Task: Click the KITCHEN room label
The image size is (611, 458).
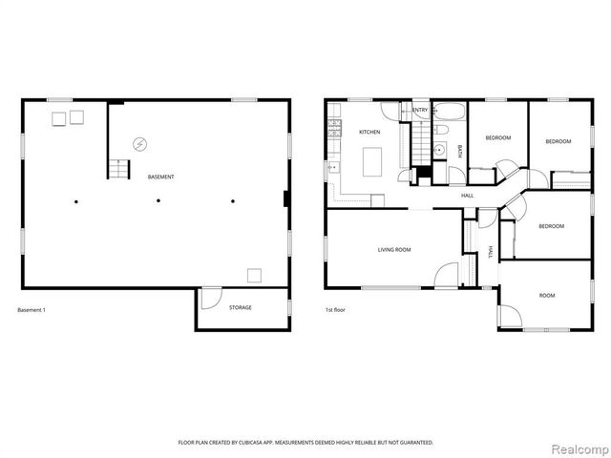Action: point(369,132)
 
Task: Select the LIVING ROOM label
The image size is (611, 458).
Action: point(393,250)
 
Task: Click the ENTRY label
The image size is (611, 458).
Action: point(420,111)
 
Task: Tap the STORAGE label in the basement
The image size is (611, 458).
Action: point(241,307)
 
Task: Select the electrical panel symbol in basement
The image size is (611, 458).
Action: point(139,145)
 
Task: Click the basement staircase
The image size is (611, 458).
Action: point(117,170)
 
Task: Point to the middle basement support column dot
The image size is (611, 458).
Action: point(158,200)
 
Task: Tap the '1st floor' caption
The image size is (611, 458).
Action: point(334,310)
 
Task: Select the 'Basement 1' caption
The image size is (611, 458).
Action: point(32,310)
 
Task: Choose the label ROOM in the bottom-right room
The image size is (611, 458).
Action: point(546,296)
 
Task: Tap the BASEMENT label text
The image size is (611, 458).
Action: point(160,177)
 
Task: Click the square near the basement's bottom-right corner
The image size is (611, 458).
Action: point(254,275)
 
